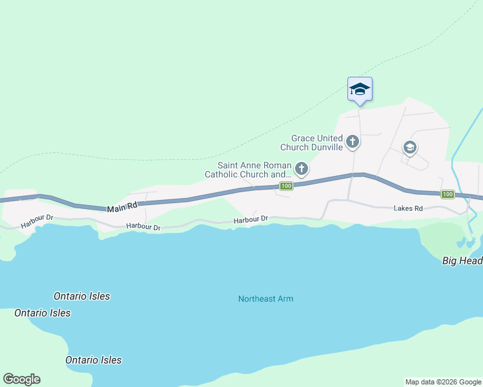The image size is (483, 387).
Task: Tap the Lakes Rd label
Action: (408, 209)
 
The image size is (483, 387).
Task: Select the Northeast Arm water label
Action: (265, 299)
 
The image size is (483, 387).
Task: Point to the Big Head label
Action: (462, 261)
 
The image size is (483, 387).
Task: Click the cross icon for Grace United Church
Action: (353, 141)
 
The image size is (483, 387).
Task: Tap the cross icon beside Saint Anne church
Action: (301, 170)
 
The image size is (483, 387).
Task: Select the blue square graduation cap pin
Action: (360, 90)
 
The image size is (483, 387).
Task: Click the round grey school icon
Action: (409, 148)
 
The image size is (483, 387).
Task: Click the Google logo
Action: (21, 379)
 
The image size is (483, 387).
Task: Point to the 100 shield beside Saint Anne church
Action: (287, 186)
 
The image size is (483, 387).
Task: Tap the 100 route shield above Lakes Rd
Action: (447, 194)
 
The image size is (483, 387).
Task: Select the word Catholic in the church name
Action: (224, 174)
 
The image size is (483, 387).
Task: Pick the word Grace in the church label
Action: (303, 138)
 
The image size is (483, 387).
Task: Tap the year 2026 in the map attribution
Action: (441, 382)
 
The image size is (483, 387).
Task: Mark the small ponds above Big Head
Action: (466, 243)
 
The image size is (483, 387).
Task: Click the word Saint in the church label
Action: (231, 166)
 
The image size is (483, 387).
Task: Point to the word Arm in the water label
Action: (285, 299)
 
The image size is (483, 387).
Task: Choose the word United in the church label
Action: (331, 138)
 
